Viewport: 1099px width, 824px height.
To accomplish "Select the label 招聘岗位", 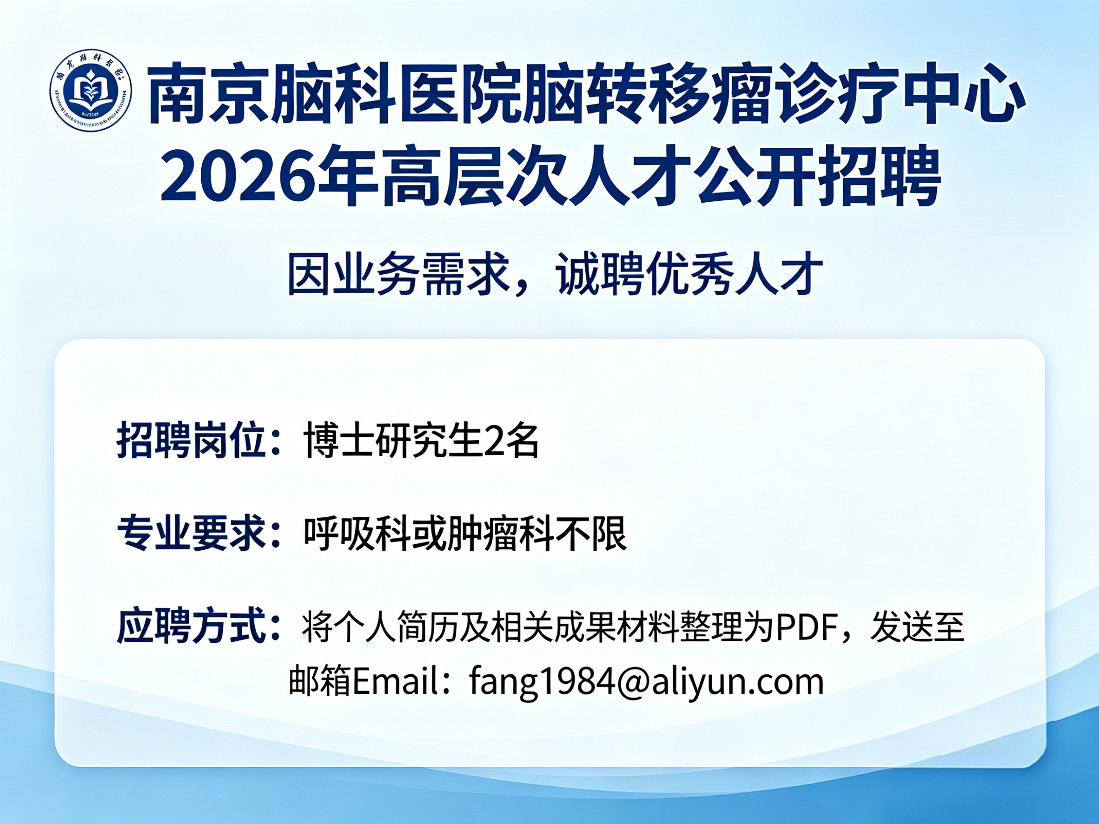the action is click(190, 441).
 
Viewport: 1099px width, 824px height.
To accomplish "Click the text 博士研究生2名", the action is click(421, 441).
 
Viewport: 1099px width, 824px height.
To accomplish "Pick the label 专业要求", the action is click(190, 533).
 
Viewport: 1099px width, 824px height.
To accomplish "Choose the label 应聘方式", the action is click(190, 626).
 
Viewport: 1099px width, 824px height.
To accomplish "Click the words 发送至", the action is click(917, 627).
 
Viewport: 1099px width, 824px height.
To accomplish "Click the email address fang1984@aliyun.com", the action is click(646, 682).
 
